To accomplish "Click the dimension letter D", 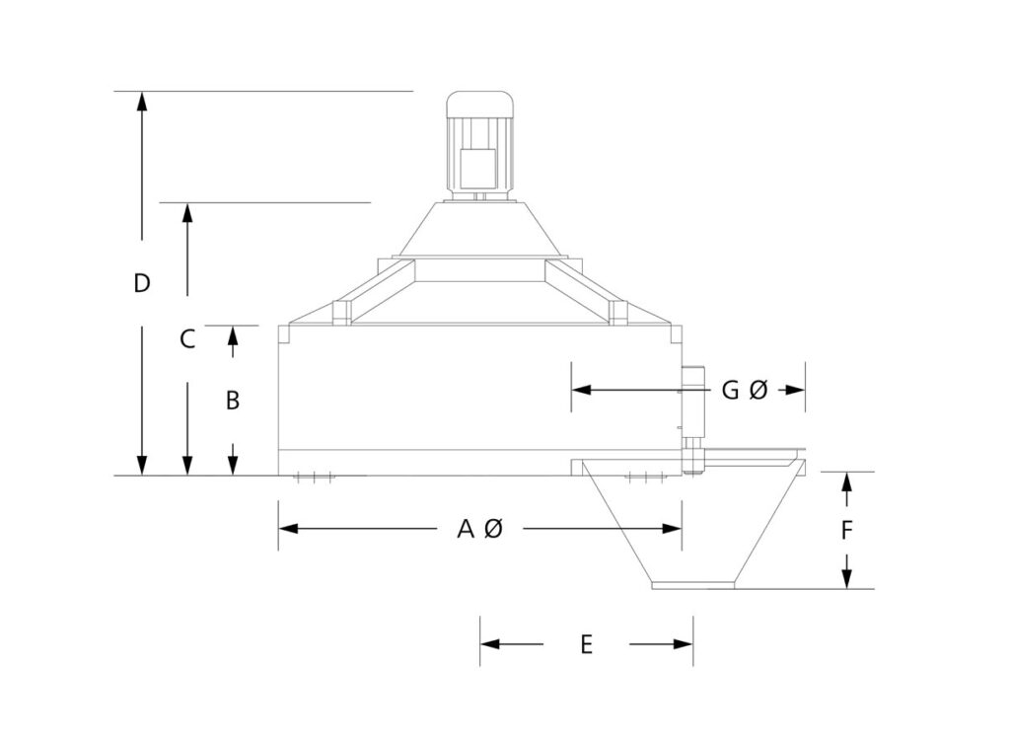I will [x=142, y=284].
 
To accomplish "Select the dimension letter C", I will [x=187, y=339].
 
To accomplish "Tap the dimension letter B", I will [x=233, y=401].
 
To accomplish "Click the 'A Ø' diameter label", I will [x=480, y=530].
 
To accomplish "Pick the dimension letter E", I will [x=586, y=645].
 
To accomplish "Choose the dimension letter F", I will [x=846, y=531].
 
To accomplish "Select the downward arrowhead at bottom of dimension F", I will [x=846, y=579].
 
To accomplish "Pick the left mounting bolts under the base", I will [x=315, y=480].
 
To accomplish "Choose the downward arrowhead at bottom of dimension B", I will [x=233, y=465].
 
